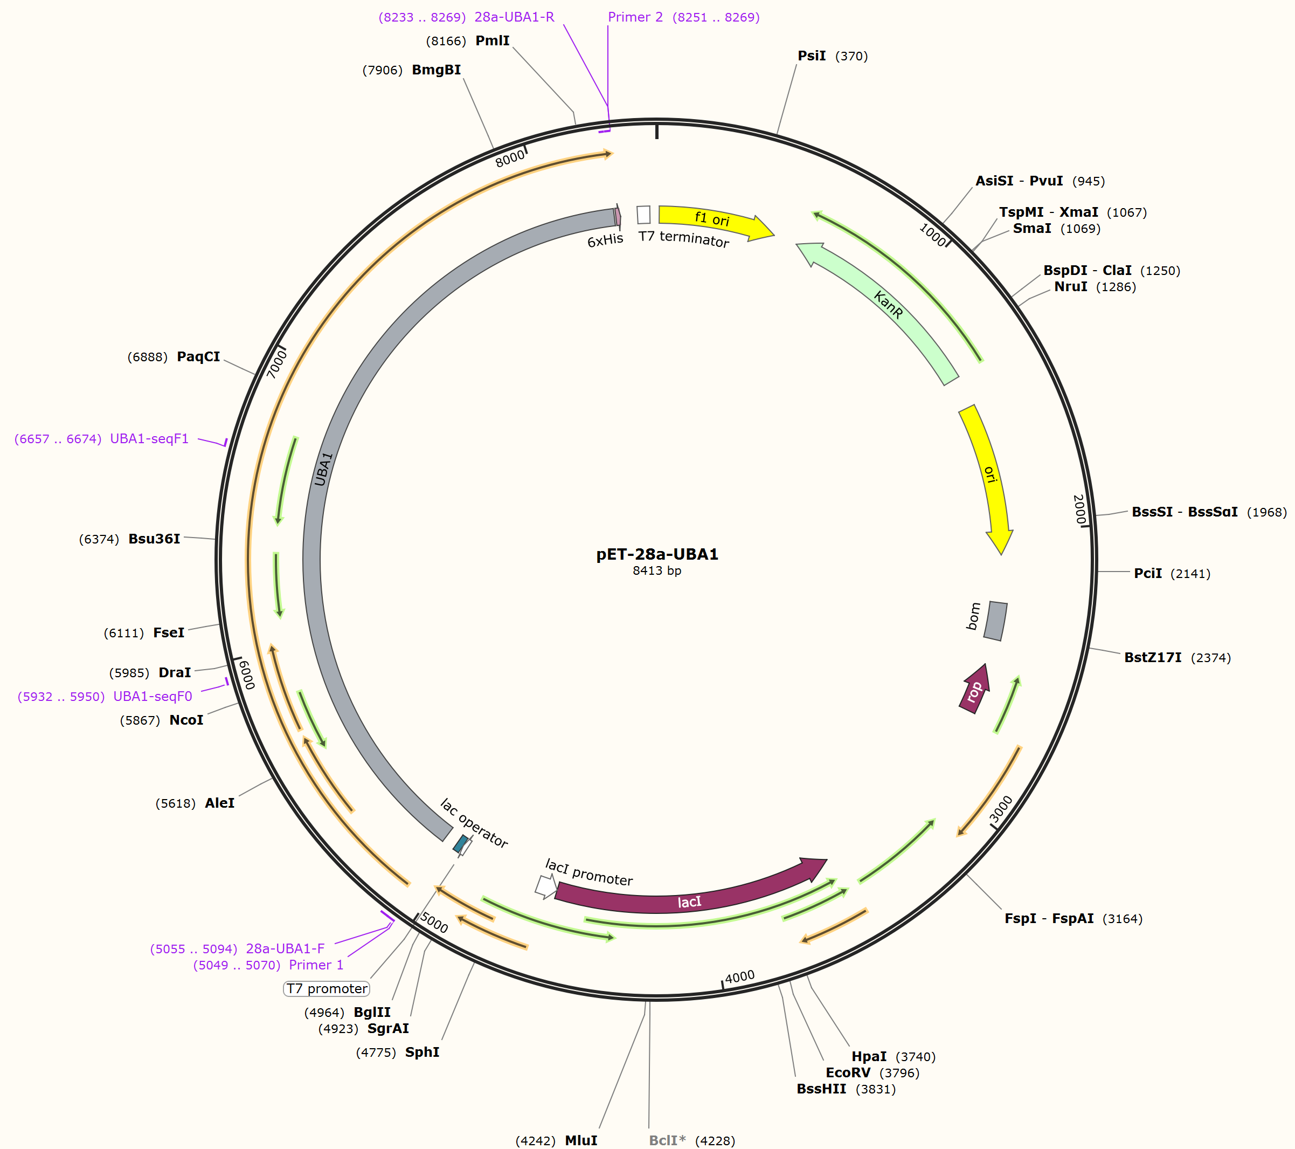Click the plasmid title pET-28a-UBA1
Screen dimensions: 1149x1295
[657, 554]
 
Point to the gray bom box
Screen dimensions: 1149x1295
[995, 621]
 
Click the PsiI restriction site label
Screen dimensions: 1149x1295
[812, 56]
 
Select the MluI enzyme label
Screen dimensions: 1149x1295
[581, 1140]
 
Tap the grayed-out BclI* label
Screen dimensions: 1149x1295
[667, 1140]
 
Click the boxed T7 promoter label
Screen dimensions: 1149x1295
[326, 989]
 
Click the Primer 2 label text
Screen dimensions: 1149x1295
[635, 17]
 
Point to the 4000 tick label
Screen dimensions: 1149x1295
[739, 976]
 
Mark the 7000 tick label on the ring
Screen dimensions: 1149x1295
[277, 364]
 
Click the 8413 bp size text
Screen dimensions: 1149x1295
[657, 571]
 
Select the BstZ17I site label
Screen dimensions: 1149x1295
[1152, 657]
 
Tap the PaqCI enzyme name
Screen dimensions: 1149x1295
[198, 357]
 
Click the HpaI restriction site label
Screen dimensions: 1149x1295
[869, 1056]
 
